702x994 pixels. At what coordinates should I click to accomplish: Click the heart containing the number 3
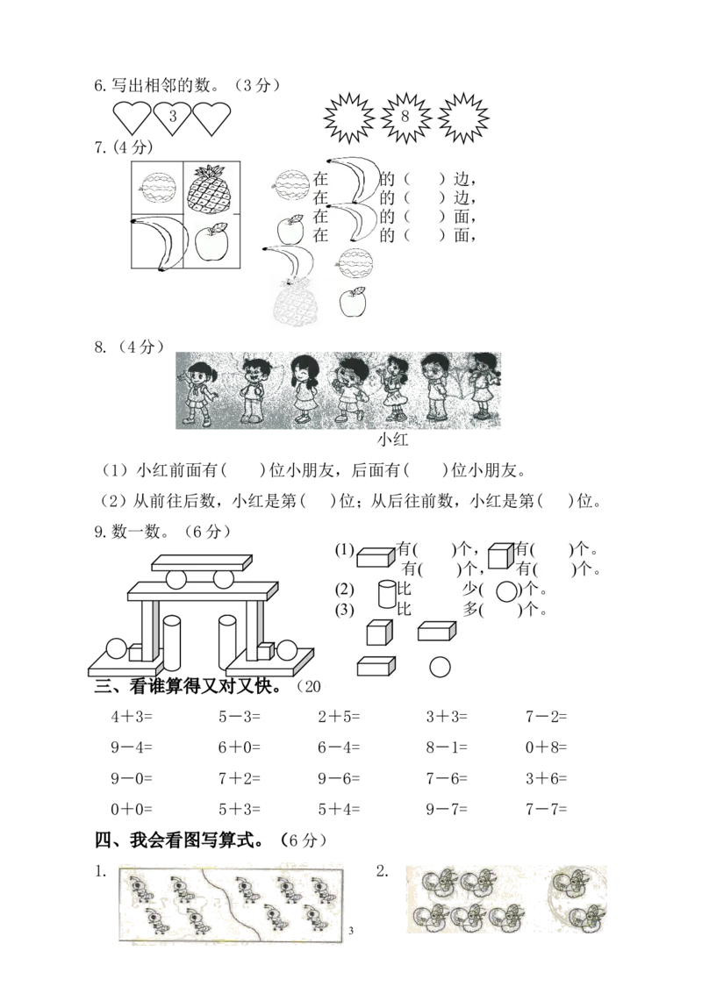pyautogui.click(x=172, y=118)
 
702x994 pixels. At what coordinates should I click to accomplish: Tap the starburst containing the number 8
pyautogui.click(x=406, y=118)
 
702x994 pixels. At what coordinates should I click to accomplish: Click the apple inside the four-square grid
pyautogui.click(x=211, y=241)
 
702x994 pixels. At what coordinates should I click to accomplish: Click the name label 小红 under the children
pyautogui.click(x=393, y=440)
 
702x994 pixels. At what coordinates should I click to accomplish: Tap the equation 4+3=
pyautogui.click(x=132, y=717)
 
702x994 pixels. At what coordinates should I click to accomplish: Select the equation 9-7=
pyautogui.click(x=447, y=809)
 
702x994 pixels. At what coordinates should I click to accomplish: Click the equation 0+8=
pyautogui.click(x=546, y=747)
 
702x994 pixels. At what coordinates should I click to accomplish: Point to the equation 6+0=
pyautogui.click(x=239, y=747)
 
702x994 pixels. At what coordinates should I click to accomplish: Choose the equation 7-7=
pyautogui.click(x=546, y=809)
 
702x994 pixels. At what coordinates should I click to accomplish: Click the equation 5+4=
pyautogui.click(x=339, y=809)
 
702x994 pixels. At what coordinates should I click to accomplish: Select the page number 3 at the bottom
pyautogui.click(x=351, y=931)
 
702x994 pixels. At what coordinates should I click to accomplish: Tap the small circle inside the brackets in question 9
pyautogui.click(x=506, y=591)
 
